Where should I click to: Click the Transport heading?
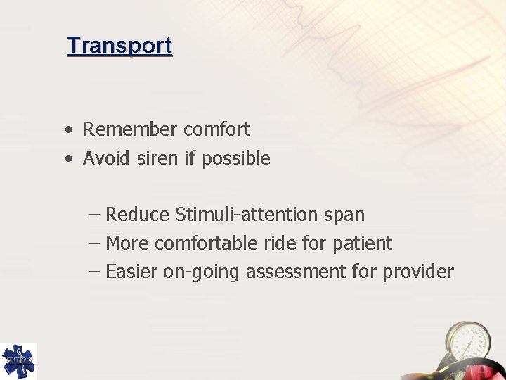tap(119, 46)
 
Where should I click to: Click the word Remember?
tap(130, 129)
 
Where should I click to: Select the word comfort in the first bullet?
tap(216, 129)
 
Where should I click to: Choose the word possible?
tap(235, 159)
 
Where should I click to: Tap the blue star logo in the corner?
tap(18, 361)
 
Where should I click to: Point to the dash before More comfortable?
tap(95, 243)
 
